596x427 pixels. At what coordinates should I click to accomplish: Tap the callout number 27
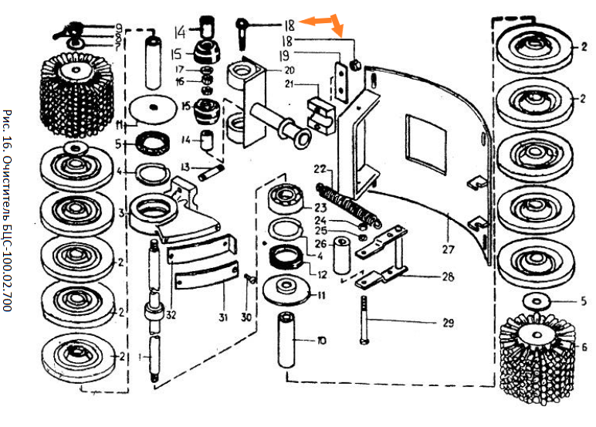pyautogui.click(x=449, y=249)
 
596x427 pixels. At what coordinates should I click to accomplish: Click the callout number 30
pyautogui.click(x=246, y=317)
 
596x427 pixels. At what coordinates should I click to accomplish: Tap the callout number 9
pyautogui.click(x=119, y=27)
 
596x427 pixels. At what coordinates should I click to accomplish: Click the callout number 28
pyautogui.click(x=448, y=276)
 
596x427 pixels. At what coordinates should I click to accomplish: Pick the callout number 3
pyautogui.click(x=121, y=211)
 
